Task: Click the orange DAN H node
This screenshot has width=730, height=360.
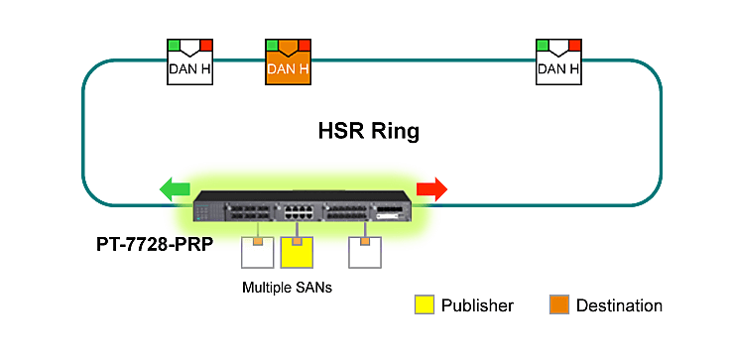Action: [289, 62]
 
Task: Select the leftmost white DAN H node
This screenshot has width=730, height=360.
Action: [189, 62]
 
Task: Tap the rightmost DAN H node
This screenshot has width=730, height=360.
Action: [558, 62]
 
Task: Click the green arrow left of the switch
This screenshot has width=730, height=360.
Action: [175, 188]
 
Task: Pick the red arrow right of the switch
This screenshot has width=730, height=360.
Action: [432, 188]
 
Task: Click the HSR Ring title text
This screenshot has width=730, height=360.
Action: [369, 130]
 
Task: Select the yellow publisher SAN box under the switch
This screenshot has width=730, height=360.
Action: [297, 254]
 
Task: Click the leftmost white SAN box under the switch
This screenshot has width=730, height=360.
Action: [258, 254]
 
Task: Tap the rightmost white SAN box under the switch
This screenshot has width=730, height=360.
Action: [364, 254]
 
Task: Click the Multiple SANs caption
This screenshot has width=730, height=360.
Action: [286, 288]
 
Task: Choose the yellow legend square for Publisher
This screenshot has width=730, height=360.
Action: [425, 305]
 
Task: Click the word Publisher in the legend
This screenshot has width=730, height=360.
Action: [478, 305]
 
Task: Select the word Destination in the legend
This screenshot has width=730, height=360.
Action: [620, 305]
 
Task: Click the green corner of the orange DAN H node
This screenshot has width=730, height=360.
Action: [272, 45]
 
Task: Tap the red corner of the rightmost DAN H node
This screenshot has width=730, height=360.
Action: [575, 45]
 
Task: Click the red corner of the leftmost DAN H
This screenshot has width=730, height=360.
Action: [206, 45]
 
